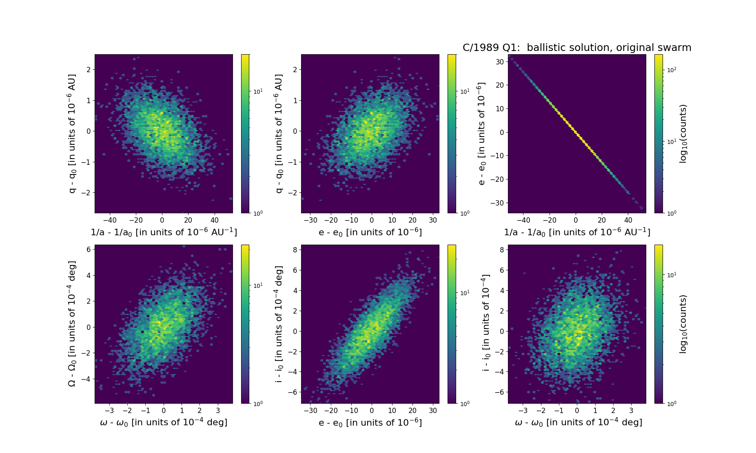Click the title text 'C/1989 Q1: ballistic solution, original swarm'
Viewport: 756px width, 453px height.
coord(576,48)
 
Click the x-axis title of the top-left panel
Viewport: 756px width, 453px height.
coord(164,232)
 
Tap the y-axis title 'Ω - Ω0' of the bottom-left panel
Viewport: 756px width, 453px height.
coord(72,324)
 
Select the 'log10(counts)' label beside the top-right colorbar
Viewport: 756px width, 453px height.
coord(683,134)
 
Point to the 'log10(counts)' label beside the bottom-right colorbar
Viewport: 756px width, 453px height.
coord(683,324)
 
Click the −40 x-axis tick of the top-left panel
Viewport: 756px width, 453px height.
coord(109,221)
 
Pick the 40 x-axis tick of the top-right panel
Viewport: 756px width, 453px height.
coord(628,221)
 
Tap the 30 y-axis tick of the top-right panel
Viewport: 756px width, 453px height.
coord(500,62)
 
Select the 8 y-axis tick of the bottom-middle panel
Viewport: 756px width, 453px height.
coord(295,250)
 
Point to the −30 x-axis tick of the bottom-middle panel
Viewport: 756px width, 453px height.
coord(310,411)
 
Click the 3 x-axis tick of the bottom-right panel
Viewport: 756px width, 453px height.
coord(631,411)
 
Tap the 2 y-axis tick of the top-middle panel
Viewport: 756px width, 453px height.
coord(295,70)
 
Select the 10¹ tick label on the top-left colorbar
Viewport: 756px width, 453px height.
coord(258,91)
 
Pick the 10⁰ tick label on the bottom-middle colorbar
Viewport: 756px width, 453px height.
coord(465,403)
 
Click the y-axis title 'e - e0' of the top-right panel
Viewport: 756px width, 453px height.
coord(482,134)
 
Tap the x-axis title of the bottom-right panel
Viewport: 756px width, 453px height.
coord(578,422)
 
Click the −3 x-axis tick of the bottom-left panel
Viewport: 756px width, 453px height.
coord(109,411)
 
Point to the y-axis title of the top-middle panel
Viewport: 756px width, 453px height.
coord(279,134)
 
